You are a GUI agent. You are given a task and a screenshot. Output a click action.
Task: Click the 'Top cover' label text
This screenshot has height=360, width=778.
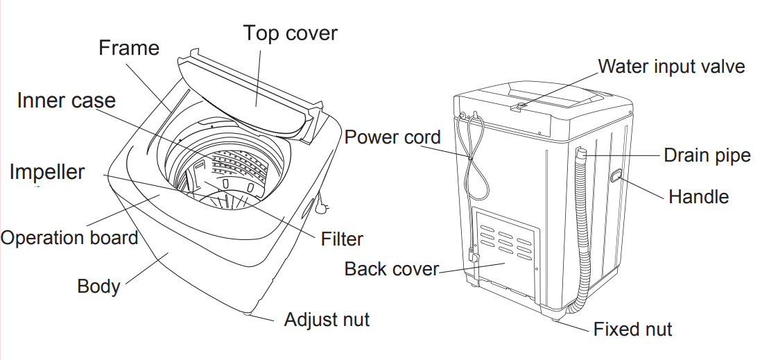(x=290, y=33)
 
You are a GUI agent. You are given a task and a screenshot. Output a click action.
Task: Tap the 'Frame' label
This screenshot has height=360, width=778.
(x=128, y=48)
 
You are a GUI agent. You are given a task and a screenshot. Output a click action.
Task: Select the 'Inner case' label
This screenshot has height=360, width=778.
(x=66, y=101)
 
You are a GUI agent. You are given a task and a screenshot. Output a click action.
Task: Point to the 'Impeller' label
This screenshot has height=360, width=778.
(x=47, y=171)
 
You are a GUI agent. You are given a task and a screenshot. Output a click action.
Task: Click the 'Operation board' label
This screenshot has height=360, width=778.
(x=69, y=238)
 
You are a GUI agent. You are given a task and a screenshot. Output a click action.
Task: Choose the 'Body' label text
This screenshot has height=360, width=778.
(x=98, y=286)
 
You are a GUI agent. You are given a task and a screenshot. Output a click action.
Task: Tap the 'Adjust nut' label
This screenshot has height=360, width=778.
(x=327, y=320)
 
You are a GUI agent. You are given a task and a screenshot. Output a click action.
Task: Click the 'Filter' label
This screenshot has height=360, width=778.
(x=342, y=239)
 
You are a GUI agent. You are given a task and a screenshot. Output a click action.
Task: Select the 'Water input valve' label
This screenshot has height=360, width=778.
(x=671, y=66)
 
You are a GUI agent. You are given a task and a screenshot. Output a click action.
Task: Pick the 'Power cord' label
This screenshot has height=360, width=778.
(x=392, y=137)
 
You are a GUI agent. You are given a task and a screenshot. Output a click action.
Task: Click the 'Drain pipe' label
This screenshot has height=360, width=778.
(x=707, y=155)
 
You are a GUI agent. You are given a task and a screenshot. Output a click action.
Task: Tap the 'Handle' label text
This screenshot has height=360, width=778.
(x=698, y=197)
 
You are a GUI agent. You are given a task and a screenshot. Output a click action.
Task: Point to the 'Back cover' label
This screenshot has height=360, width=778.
(x=392, y=268)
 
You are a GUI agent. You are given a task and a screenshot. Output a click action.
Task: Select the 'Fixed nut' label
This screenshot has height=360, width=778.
(x=632, y=329)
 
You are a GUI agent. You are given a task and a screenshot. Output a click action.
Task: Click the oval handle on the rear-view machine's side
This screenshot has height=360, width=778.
(x=614, y=177)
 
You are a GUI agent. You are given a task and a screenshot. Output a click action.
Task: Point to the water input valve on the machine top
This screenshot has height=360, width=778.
(x=516, y=105)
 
